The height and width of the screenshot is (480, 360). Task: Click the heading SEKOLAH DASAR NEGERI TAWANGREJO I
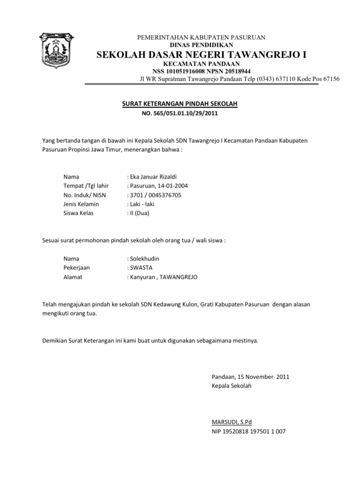(x=201, y=55)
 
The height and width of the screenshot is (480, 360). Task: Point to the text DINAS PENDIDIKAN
(x=201, y=44)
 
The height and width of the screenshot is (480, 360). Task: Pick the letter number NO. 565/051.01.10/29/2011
(x=180, y=113)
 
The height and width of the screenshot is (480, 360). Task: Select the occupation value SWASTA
(x=144, y=268)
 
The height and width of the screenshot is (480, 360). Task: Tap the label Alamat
(x=73, y=277)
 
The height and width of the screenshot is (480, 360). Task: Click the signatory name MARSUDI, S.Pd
(x=232, y=422)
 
